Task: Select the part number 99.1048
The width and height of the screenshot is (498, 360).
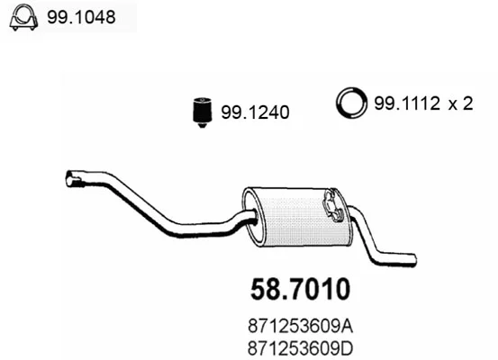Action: pos(81,17)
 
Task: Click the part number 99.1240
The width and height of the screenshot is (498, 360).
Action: pos(255,112)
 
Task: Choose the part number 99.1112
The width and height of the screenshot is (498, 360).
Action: pos(407,103)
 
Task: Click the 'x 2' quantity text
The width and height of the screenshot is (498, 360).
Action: pos(460,103)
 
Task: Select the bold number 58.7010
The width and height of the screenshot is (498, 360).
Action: pos(300,289)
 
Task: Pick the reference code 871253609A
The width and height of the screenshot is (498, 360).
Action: pos(301,327)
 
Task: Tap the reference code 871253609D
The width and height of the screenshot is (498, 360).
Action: pos(301,349)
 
